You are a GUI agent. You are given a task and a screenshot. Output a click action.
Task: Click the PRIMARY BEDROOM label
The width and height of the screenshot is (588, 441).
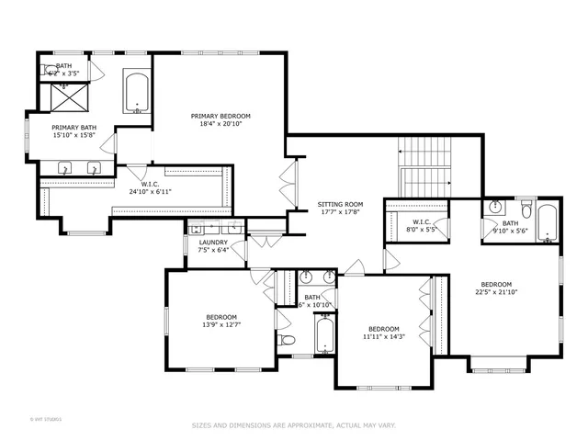click(x=220, y=117)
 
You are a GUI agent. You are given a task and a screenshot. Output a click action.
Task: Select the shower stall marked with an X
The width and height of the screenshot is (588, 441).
click(x=64, y=96)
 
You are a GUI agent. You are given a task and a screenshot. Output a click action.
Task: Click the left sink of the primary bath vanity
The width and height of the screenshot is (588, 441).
click(x=66, y=168)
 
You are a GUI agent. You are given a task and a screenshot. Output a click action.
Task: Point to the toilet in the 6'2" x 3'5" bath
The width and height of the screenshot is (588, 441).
click(x=50, y=69)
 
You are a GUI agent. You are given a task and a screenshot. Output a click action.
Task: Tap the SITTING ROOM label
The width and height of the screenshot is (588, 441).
click(x=340, y=204)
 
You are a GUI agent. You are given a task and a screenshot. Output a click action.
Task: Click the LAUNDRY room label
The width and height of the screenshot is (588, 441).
click(x=213, y=242)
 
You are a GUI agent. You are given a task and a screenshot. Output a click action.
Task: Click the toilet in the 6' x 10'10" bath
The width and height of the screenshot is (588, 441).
click(x=288, y=341)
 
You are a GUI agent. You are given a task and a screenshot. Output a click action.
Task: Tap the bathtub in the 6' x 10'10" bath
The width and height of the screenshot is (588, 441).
click(x=323, y=335)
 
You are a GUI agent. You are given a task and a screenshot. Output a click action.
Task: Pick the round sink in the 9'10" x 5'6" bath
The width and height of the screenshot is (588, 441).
click(x=494, y=207)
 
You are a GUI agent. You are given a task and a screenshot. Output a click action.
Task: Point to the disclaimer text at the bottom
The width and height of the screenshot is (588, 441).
click(x=293, y=425)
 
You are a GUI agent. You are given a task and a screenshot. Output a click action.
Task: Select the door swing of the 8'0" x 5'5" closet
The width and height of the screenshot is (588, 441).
click(x=443, y=229)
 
